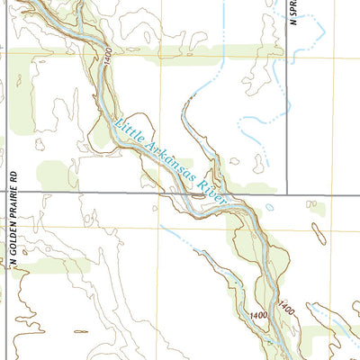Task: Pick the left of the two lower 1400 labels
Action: [258, 312]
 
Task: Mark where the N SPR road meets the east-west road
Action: [287, 193]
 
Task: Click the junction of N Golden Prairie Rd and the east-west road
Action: [6, 193]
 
